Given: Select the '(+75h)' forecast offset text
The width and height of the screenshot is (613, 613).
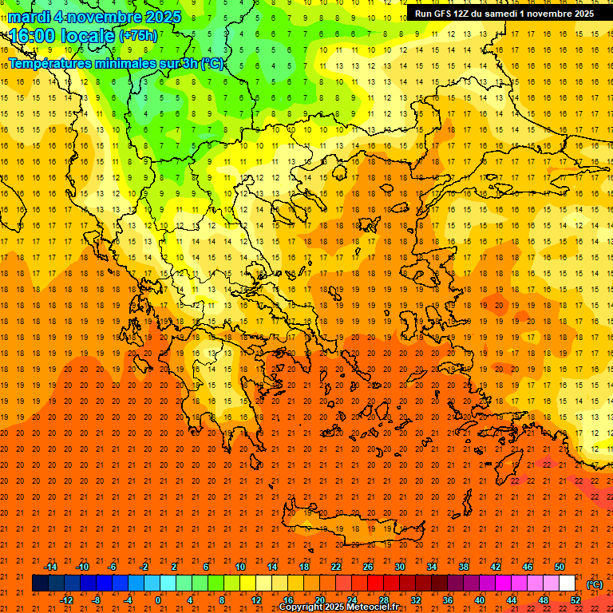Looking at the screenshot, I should pos(138,36).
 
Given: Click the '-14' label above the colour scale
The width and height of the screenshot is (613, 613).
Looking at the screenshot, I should pos(50,567).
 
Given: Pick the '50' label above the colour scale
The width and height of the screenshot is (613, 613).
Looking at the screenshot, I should pos(560,567).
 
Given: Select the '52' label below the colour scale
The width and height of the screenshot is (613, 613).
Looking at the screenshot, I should pos(575,600).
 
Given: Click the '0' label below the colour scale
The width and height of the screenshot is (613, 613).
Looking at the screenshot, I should pos(158,600).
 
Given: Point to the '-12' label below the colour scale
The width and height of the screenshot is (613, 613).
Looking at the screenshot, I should pos(66,600).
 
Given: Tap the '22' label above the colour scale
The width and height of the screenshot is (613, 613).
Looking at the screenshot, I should pos(336,567).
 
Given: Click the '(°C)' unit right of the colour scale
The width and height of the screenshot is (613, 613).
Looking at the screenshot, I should pos(595,584).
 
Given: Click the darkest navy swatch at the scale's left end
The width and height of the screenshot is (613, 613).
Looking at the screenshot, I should pos(40,583).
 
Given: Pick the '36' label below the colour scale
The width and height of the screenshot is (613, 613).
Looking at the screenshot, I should pos(448,600).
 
